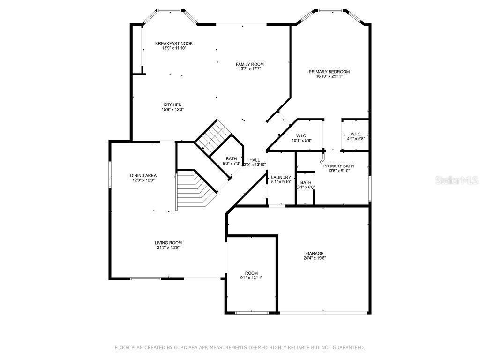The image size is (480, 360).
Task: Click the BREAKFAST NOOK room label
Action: [x=174, y=43]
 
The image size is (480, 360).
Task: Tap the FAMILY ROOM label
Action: [x=249, y=64]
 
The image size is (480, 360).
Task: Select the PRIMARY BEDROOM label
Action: [x=329, y=72]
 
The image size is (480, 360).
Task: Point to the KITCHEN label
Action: [x=172, y=105]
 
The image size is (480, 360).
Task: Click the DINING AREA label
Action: [x=143, y=175]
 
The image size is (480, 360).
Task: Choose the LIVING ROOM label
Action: [x=168, y=243]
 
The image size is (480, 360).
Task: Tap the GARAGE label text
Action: [x=315, y=254]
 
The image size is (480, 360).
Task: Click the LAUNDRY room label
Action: [x=281, y=177]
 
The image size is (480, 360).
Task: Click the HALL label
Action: [x=255, y=160]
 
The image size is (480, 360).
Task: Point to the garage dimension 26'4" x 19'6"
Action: [x=315, y=258]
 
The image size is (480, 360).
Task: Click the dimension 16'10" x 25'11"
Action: [x=329, y=76]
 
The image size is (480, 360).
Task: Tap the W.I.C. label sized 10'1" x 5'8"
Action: [x=301, y=136]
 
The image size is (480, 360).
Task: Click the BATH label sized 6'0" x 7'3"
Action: [x=231, y=158]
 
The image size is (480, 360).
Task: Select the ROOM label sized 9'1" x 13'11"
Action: [x=251, y=273]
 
